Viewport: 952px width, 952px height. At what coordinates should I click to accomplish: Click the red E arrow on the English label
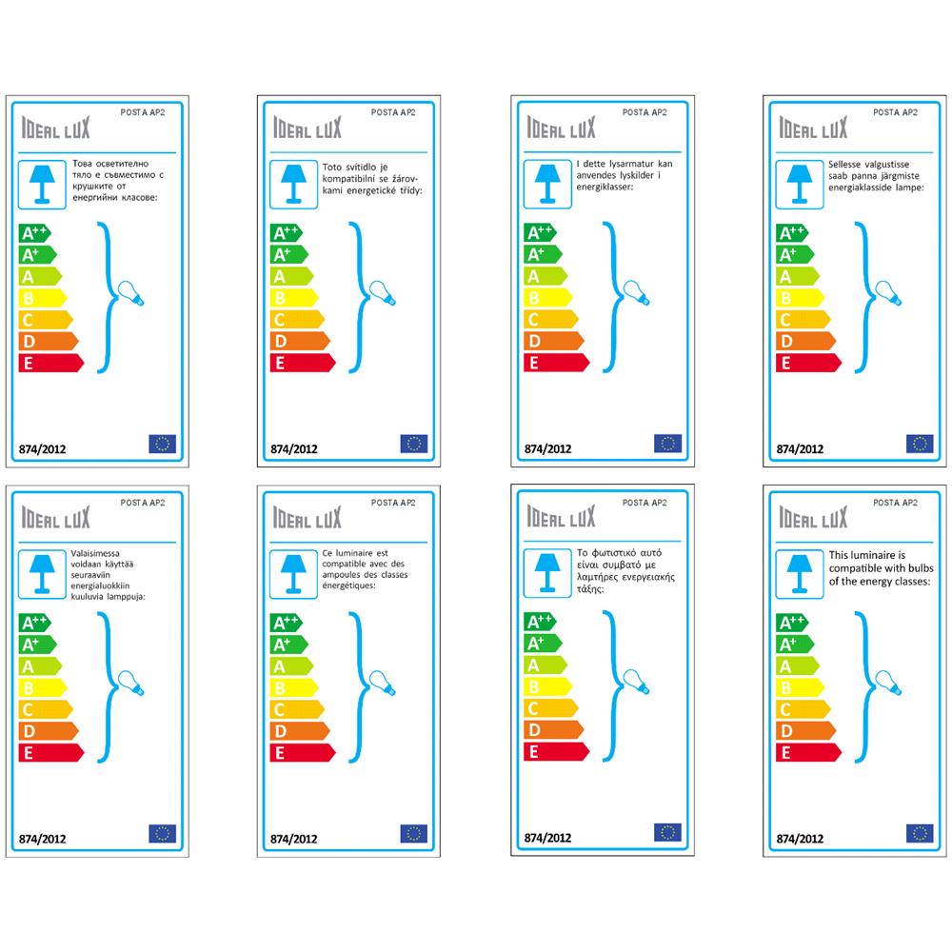click(807, 752)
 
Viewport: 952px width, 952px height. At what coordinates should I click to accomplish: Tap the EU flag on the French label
click(414, 834)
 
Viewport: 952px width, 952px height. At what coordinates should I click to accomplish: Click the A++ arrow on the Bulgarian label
click(34, 232)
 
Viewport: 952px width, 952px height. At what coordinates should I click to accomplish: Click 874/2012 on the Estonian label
click(801, 448)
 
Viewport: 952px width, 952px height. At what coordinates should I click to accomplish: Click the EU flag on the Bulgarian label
click(163, 443)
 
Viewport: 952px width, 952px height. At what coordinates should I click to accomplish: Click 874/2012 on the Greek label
click(547, 839)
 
